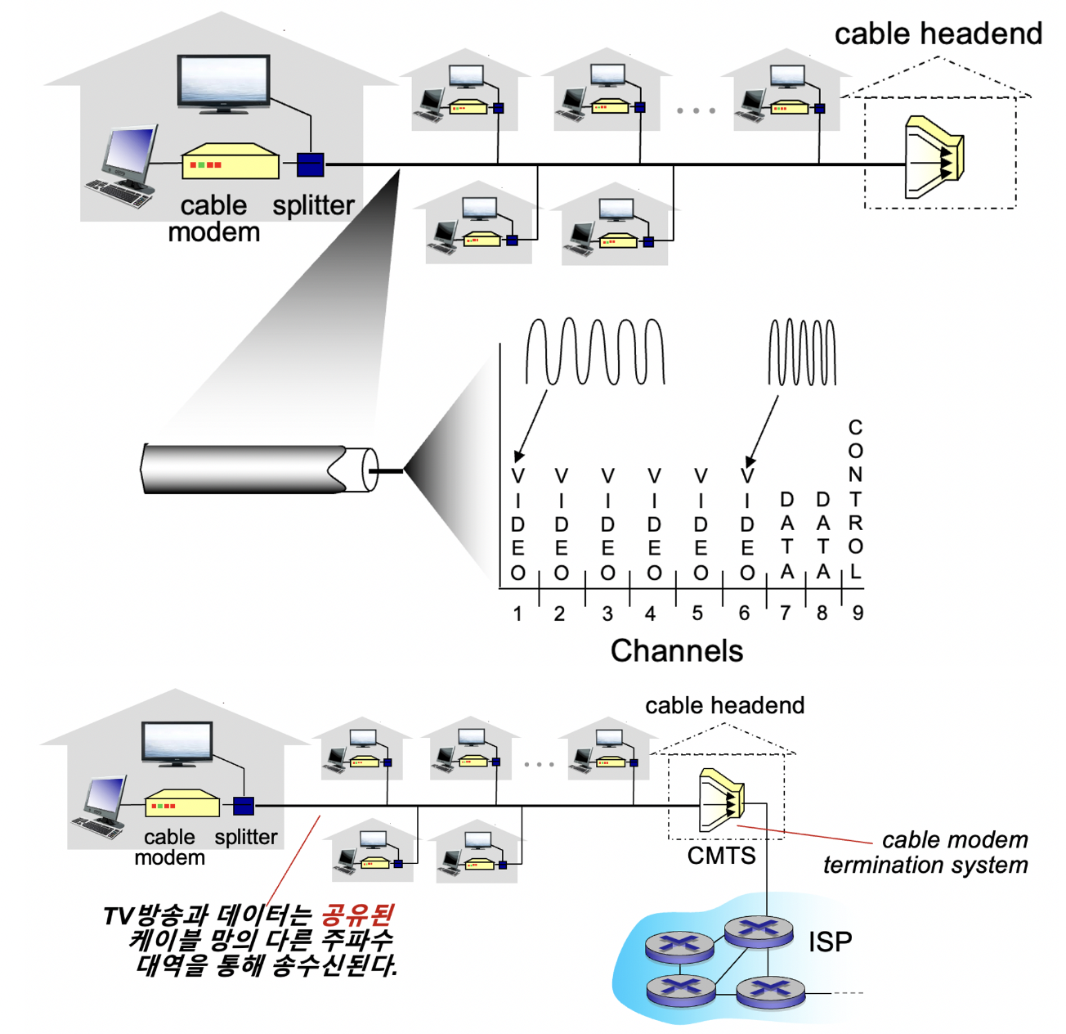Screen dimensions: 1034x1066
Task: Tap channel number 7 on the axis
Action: click(x=786, y=614)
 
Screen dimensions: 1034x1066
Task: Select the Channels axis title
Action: click(x=677, y=651)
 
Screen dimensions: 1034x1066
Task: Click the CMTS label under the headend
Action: click(x=721, y=856)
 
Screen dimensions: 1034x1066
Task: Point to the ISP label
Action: click(x=830, y=942)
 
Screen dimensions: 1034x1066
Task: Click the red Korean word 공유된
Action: click(x=357, y=915)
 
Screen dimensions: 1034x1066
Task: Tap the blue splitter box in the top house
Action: click(x=310, y=164)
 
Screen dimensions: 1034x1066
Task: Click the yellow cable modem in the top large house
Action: click(x=230, y=162)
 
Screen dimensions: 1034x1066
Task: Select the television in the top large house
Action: click(x=223, y=83)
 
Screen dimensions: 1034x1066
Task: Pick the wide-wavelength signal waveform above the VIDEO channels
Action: click(x=594, y=351)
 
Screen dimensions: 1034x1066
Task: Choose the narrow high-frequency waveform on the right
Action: click(x=802, y=353)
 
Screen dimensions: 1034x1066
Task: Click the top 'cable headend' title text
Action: click(x=938, y=34)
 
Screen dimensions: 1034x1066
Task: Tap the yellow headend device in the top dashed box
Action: click(x=934, y=157)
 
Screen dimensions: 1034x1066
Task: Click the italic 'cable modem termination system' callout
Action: click(x=926, y=852)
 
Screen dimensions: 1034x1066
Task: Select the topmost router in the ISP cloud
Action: click(x=758, y=930)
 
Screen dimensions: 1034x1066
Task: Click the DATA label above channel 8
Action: click(x=823, y=536)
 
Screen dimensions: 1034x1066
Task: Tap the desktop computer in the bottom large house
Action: click(x=102, y=807)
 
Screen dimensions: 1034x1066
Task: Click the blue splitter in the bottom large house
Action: click(x=244, y=806)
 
